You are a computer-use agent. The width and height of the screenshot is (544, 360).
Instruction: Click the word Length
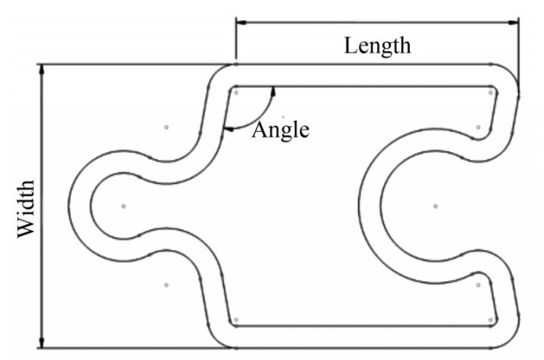(x=377, y=45)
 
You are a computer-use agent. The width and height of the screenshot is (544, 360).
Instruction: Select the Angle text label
(x=280, y=129)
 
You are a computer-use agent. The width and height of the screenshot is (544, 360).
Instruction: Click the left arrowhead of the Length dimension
(x=241, y=24)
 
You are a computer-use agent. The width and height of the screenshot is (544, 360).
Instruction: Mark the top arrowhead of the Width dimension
(x=43, y=69)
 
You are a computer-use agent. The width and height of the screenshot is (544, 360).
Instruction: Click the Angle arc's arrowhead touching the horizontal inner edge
(x=273, y=91)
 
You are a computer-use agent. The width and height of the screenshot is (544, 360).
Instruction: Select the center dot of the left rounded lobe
(x=123, y=206)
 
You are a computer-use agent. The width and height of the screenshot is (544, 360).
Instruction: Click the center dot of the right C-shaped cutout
(x=435, y=206)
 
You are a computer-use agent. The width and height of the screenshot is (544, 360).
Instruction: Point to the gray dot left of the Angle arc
(x=166, y=127)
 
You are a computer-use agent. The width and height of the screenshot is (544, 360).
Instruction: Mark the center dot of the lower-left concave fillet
(x=166, y=285)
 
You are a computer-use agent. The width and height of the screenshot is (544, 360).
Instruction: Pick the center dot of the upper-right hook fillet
(x=479, y=127)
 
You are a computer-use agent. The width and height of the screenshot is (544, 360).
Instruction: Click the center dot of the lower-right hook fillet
(x=479, y=285)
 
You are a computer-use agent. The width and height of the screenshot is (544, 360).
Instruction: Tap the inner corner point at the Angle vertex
(x=235, y=91)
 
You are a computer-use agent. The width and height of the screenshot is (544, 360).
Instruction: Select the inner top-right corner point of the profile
(x=491, y=91)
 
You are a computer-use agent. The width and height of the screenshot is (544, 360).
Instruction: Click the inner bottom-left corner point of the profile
(x=235, y=320)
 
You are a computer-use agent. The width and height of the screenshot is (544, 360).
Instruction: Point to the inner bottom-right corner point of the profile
(x=491, y=320)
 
